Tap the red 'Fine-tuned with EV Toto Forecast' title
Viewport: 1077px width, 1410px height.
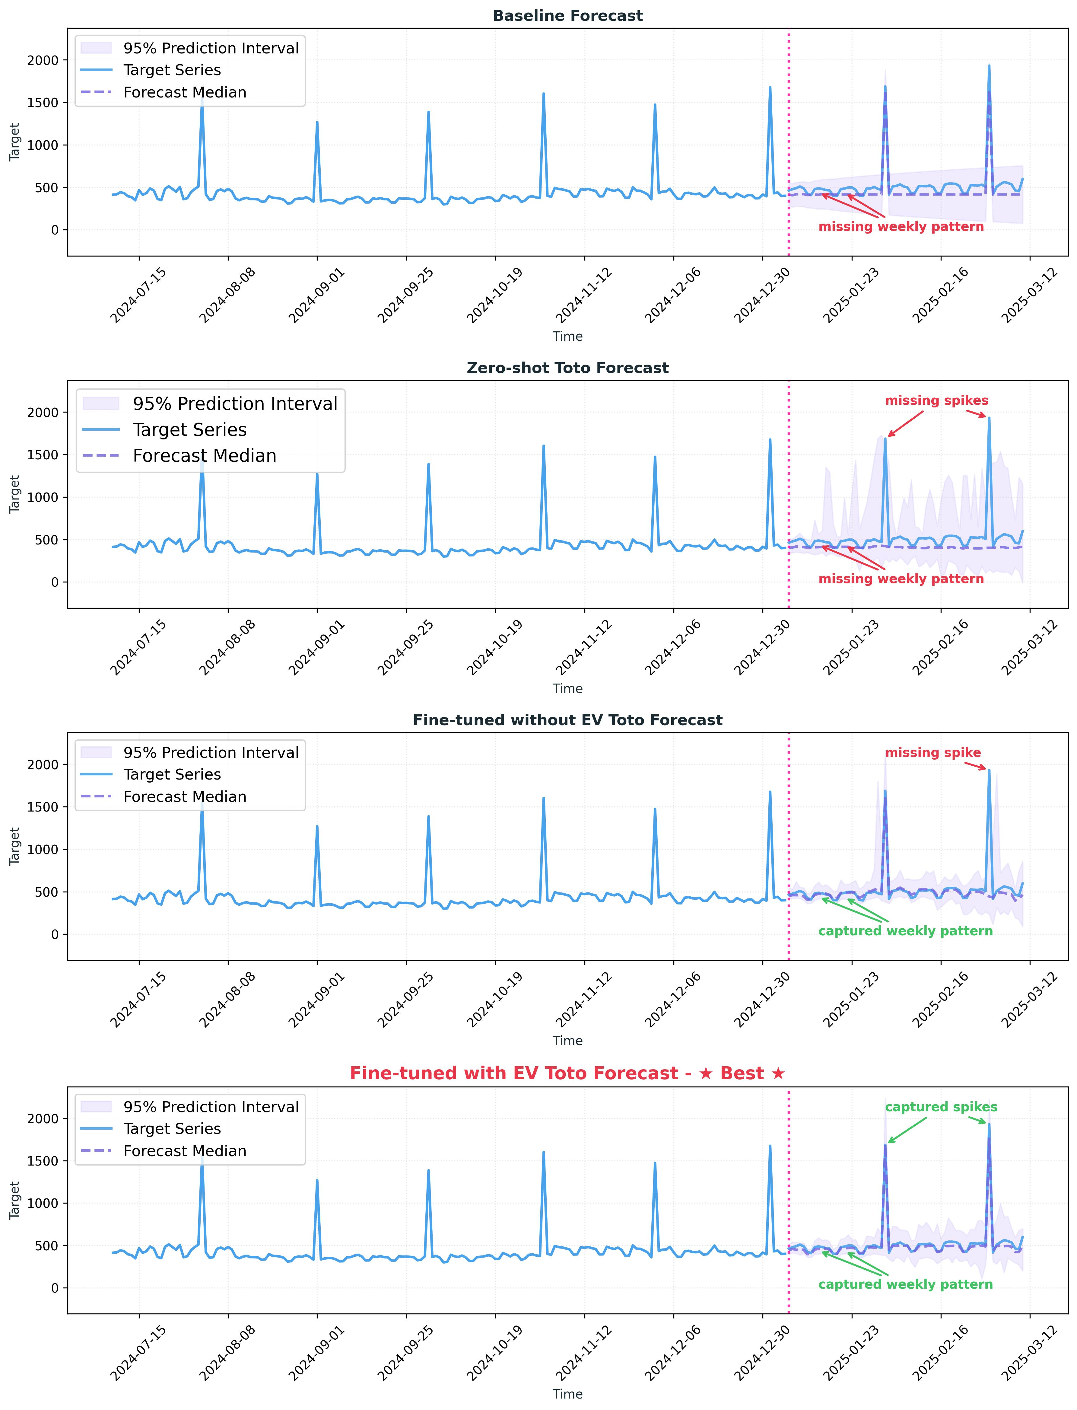click(567, 1073)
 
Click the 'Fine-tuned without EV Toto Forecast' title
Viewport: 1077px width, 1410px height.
click(567, 720)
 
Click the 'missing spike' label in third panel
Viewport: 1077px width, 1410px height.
click(933, 753)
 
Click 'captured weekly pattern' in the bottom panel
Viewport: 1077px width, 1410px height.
click(905, 1284)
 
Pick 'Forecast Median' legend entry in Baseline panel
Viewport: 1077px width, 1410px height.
click(185, 92)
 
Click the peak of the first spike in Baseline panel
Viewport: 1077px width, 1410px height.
click(202, 97)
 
